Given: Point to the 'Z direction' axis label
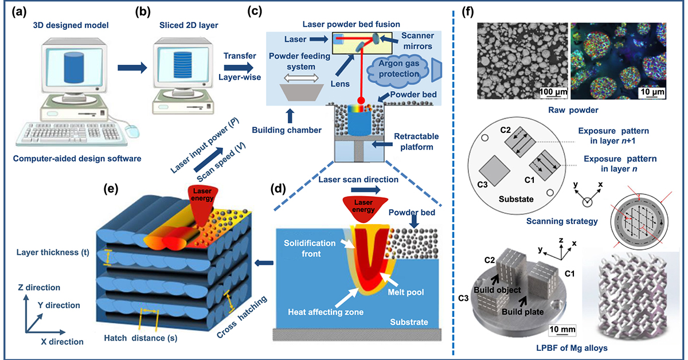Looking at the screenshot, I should pos(40,287).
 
